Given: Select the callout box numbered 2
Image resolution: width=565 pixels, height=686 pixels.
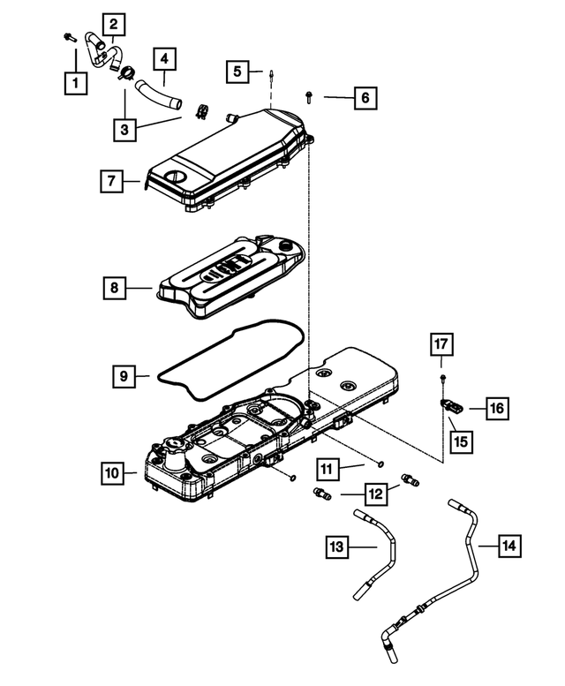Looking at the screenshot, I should pos(113,24).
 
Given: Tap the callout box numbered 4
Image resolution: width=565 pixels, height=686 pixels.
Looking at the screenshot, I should pos(164,60).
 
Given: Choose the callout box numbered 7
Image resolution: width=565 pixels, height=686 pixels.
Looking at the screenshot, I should pos(111,182).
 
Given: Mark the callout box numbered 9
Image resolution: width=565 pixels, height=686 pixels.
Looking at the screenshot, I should pos(124,376).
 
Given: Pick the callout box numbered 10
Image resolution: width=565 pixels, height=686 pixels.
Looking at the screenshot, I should pos(112,474).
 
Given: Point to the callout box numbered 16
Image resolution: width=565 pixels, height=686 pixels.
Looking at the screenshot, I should pos(497,407).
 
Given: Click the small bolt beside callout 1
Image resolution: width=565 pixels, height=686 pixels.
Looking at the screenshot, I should pos(68,37).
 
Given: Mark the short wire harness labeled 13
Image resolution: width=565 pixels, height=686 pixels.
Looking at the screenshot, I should pos(386,547).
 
